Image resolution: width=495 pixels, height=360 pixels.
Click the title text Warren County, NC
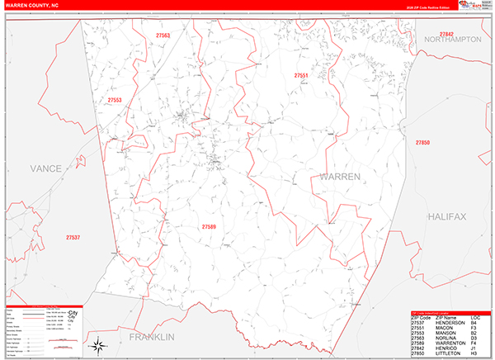[31, 5]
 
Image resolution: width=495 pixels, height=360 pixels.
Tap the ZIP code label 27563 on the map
[161, 36]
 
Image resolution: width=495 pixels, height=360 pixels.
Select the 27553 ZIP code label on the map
[115, 101]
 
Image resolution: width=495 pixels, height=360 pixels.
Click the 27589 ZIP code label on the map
[209, 225]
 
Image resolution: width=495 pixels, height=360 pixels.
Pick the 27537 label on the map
[73, 238]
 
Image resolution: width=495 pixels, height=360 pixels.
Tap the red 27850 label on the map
[422, 142]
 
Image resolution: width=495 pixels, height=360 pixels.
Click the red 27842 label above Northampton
[446, 34]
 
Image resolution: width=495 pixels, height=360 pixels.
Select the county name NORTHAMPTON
[452, 40]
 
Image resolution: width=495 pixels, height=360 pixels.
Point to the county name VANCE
[45, 168]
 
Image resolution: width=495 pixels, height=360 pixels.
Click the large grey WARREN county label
[340, 178]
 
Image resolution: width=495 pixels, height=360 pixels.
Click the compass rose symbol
[98, 343]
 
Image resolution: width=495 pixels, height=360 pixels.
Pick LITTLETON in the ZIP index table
[449, 353]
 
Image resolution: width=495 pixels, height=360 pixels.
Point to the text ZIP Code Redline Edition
[431, 8]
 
